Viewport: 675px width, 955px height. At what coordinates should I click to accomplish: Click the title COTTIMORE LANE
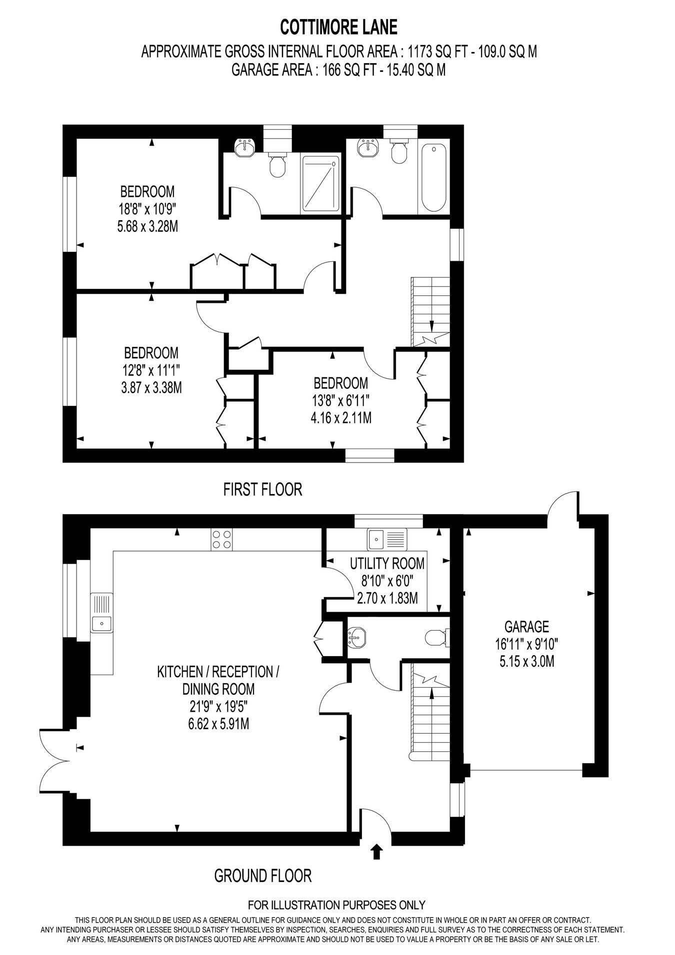click(338, 28)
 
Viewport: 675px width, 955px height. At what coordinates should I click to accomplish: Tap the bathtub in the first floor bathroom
click(433, 178)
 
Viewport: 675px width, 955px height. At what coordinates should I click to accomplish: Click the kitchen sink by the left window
click(102, 612)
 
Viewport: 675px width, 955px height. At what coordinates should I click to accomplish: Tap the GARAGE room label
click(526, 626)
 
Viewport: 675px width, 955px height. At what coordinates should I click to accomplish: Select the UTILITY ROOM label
click(387, 564)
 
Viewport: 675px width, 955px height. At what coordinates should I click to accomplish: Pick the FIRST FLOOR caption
click(262, 489)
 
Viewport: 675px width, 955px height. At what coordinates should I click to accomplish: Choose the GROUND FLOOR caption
click(263, 876)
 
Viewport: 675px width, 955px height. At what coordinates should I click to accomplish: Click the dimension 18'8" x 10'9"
click(147, 209)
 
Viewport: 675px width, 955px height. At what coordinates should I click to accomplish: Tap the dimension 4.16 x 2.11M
click(341, 417)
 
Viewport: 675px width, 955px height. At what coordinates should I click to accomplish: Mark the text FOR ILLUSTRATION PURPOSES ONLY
click(337, 905)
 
